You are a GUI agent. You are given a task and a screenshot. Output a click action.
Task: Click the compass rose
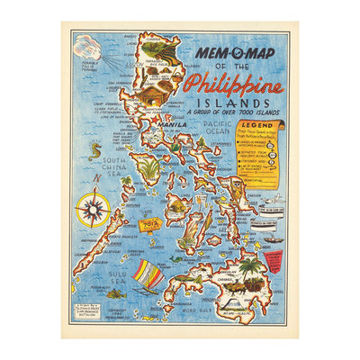pyautogui.click(x=91, y=211)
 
